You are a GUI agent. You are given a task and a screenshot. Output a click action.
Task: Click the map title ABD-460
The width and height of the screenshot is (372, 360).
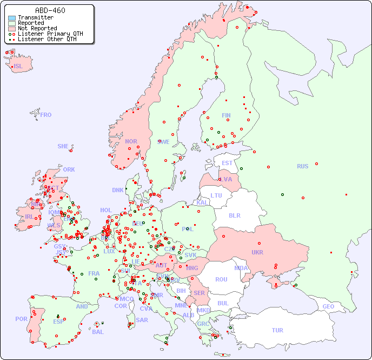pyautogui.click(x=50, y=10)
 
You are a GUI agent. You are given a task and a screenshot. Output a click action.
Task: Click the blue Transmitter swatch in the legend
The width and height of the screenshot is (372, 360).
pyautogui.click(x=12, y=17)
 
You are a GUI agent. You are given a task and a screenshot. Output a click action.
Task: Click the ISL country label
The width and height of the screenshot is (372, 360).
pyautogui.click(x=18, y=67)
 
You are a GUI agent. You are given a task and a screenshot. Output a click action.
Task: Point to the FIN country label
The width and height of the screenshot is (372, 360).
pyautogui.click(x=226, y=115)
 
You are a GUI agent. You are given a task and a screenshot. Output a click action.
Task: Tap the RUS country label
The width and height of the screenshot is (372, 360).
pyautogui.click(x=302, y=166)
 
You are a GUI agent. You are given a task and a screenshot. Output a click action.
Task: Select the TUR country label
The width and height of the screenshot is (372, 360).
pyautogui.click(x=277, y=330)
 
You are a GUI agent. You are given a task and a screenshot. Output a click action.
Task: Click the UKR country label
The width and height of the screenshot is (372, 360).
pyautogui.click(x=257, y=252)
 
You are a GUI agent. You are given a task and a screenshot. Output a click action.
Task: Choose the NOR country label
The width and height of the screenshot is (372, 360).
pyautogui.click(x=131, y=141)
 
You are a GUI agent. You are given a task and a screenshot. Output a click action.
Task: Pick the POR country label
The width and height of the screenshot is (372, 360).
pyautogui.click(x=21, y=319)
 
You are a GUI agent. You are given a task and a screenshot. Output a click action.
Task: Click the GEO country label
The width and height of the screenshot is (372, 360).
pyautogui.click(x=328, y=306)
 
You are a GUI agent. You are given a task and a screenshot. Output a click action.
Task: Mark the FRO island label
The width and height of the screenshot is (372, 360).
pyautogui.click(x=46, y=115)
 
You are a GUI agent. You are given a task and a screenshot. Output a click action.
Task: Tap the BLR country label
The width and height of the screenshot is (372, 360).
pyautogui.click(x=235, y=215)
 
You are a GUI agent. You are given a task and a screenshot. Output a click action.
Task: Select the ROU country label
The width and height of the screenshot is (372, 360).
pyautogui.click(x=221, y=279)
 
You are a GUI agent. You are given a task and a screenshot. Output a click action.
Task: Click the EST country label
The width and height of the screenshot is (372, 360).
pyautogui.click(x=227, y=163)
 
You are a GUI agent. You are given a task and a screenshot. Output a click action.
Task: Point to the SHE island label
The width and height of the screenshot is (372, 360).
pyautogui.click(x=63, y=146)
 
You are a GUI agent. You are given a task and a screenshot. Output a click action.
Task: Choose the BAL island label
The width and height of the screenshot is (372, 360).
pyautogui.click(x=97, y=332)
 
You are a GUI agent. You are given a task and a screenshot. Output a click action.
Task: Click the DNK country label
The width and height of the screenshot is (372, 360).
pyautogui.click(x=118, y=190)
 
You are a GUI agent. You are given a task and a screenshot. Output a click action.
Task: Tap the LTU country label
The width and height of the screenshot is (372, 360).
pyautogui.click(x=216, y=195)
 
